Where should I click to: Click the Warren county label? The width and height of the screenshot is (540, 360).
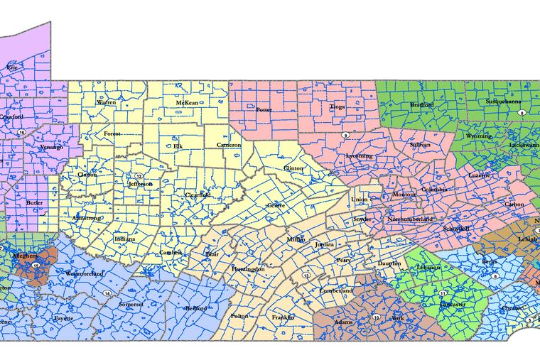(x=106, y=102)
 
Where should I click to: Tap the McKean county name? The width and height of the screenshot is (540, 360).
(x=188, y=103)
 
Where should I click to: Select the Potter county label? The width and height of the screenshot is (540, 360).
(x=263, y=110)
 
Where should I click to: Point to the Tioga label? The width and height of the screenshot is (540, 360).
(x=336, y=107)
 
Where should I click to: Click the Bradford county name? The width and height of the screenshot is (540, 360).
(x=421, y=105)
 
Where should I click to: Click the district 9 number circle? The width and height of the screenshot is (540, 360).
(x=345, y=135)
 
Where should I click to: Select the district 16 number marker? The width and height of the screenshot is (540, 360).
(x=23, y=133)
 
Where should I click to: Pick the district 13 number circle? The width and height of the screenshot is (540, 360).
(x=306, y=275)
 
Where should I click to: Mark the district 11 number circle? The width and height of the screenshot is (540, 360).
(x=443, y=293)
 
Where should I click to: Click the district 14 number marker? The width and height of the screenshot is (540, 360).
(x=107, y=293)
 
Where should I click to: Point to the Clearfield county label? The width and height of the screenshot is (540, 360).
(x=198, y=194)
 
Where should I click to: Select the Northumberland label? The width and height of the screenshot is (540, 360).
(x=410, y=219)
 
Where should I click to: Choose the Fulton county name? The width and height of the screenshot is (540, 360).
(x=238, y=316)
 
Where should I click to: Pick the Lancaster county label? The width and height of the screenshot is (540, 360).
(x=452, y=304)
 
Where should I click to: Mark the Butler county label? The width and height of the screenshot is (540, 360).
(x=33, y=203)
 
